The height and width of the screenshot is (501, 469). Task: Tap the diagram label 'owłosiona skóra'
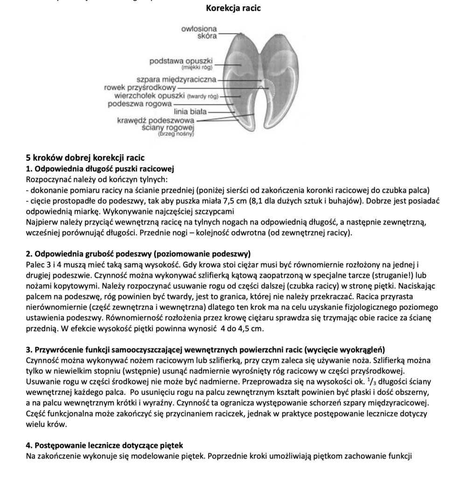tap(199, 33)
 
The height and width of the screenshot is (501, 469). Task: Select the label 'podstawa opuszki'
tap(181, 61)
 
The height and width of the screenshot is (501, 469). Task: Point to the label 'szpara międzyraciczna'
tap(176, 79)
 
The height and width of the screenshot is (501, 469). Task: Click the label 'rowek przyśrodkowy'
tap(140, 87)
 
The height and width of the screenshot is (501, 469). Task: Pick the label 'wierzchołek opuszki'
tap(150, 96)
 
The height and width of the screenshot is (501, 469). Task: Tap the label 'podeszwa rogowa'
tap(140, 104)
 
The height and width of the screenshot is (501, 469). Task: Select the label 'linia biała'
tap(190, 112)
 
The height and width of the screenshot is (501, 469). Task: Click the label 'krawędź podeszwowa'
tap(155, 120)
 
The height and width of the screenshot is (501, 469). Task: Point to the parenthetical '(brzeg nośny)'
tap(176, 134)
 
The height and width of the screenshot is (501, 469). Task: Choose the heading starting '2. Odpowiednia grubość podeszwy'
tap(138, 254)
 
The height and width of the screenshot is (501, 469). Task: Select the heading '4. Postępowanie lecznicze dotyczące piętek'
tap(104, 446)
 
